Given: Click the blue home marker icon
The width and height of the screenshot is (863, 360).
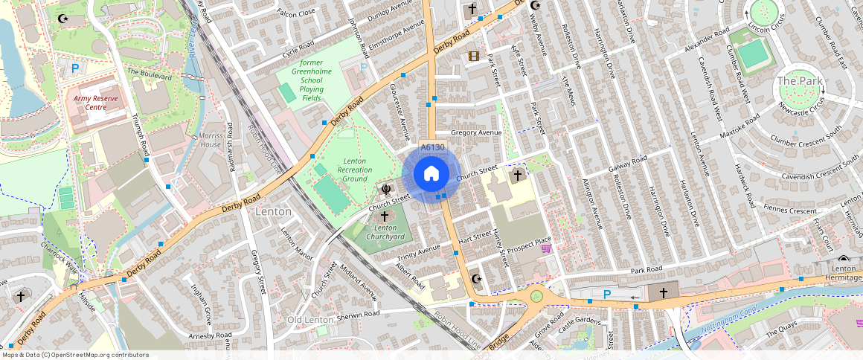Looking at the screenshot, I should [431, 174].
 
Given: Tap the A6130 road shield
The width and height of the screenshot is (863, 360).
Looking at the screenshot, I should [432, 147].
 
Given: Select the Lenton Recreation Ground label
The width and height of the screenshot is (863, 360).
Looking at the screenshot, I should [354, 170].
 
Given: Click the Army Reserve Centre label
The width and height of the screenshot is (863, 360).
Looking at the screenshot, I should [96, 103].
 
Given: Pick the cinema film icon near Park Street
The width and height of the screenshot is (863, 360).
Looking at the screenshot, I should [473, 56].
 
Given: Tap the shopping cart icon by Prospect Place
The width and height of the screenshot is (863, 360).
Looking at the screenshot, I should [546, 248].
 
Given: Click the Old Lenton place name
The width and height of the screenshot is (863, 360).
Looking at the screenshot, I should [309, 320].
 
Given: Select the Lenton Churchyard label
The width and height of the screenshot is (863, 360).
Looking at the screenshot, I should [385, 232].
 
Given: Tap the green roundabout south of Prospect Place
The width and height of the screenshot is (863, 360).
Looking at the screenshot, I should [536, 297].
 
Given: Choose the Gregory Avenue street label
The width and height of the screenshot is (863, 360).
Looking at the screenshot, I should [476, 133].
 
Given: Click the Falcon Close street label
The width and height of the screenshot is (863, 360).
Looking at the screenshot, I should [296, 13].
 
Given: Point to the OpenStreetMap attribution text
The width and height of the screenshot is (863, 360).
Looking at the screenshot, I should [75, 355].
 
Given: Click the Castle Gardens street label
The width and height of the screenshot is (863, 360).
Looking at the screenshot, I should [578, 320].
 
